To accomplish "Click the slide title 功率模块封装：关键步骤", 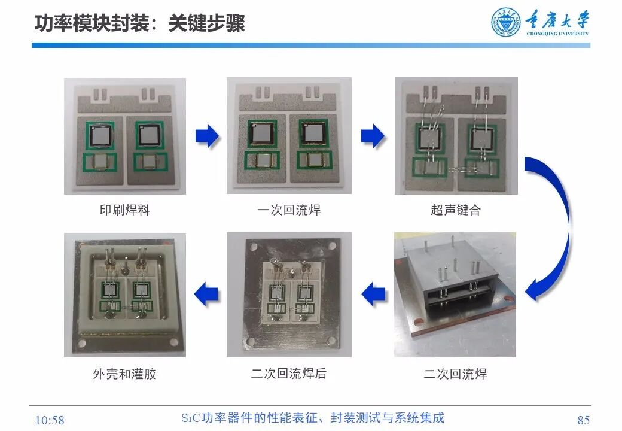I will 139,24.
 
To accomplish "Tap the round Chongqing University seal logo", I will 506,23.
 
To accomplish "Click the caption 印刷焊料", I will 124,210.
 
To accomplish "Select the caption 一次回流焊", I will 289,210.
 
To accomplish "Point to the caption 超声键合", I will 455,210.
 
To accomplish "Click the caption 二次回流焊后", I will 289,374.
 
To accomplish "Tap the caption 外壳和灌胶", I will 124,374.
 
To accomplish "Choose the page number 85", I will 583,420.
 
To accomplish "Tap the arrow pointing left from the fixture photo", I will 374,294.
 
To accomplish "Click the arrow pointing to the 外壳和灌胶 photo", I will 207,294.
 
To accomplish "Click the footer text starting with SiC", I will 313,418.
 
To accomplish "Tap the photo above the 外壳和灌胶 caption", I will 124,295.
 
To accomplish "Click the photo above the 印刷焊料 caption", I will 124,136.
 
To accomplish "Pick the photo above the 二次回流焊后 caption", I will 289,295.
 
